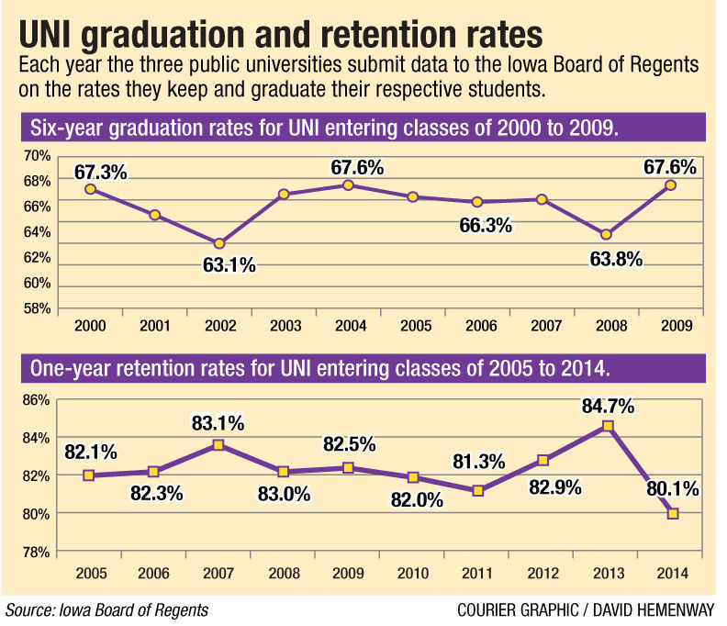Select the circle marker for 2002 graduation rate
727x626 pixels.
click(219, 243)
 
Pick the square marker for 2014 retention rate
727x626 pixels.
click(673, 513)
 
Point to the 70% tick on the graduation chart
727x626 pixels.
click(36, 157)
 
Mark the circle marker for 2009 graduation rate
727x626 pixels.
click(671, 185)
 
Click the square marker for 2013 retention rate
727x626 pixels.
click(608, 426)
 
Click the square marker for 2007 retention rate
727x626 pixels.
click(218, 444)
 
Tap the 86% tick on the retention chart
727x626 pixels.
click(36, 399)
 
